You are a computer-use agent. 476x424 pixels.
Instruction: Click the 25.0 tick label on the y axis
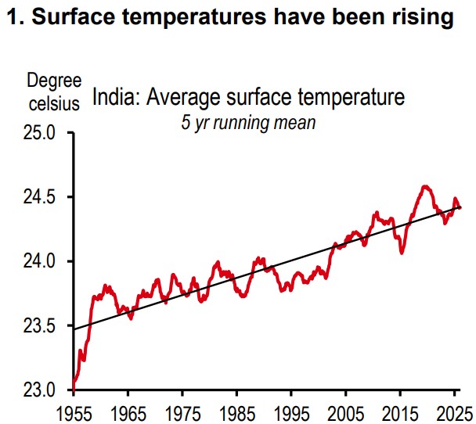[39, 133]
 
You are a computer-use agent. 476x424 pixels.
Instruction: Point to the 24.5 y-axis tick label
[39, 197]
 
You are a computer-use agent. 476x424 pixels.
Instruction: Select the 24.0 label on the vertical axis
[39, 261]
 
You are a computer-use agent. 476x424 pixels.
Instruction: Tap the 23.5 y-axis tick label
[39, 325]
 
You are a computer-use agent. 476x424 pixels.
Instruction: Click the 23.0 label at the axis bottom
[39, 390]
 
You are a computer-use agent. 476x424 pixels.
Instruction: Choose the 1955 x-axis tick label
[74, 414]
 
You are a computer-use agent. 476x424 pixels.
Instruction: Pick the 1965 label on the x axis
[128, 414]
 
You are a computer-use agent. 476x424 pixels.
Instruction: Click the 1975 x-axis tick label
[182, 414]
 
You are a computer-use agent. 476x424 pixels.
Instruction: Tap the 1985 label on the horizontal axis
[237, 414]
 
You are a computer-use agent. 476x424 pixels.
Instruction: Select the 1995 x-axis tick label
[291, 414]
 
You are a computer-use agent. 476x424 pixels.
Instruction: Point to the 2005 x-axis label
[346, 414]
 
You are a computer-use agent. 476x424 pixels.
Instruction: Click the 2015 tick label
[400, 414]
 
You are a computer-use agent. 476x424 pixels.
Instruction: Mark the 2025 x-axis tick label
[454, 414]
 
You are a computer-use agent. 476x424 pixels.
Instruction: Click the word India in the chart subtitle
[116, 97]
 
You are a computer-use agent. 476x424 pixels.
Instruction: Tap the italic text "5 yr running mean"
[248, 123]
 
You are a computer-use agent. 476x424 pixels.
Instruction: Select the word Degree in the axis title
[54, 81]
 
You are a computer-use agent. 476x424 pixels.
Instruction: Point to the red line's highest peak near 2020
[425, 186]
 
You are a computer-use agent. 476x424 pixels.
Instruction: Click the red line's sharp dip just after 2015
[402, 253]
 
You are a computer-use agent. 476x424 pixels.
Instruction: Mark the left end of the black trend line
[74, 329]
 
